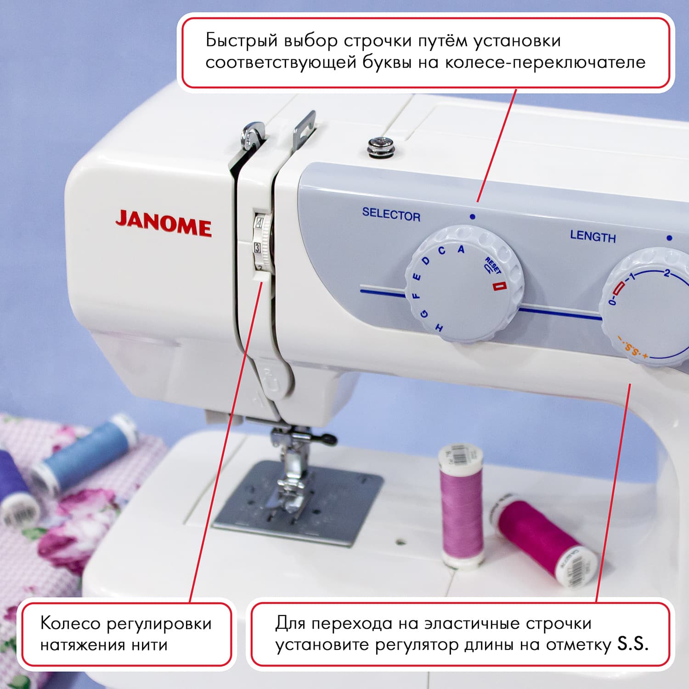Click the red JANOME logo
[164, 224]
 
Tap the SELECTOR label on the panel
[391, 215]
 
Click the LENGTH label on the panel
[593, 237]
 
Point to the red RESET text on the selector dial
[493, 266]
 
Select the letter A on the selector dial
[461, 249]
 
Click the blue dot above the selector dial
[472, 216]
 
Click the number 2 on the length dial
[666, 274]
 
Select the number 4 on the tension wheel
[260, 225]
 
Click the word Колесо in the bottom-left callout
[70, 623]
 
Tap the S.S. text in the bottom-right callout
[633, 644]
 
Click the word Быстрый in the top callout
[242, 40]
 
